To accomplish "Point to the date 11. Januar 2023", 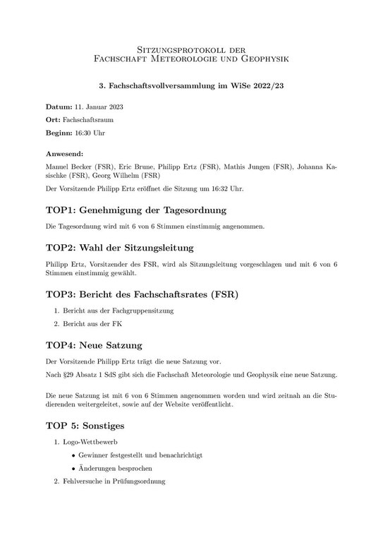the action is coord(99,107).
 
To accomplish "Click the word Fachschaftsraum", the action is coord(90,119).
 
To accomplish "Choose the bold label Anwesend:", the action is coord(65,153).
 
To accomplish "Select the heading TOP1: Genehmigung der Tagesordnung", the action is coord(135,211).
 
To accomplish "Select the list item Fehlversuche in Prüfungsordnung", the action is coord(113,482).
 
